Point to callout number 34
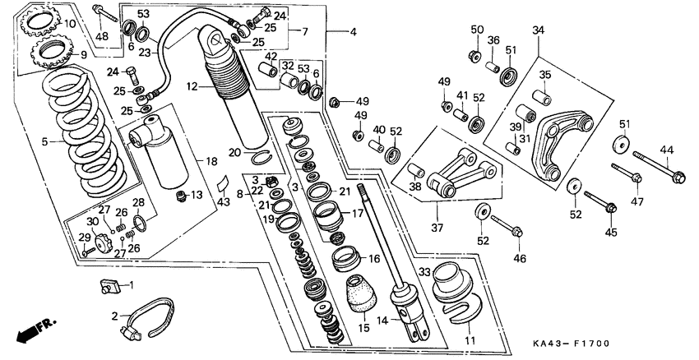(538, 31)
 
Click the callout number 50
(477, 30)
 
